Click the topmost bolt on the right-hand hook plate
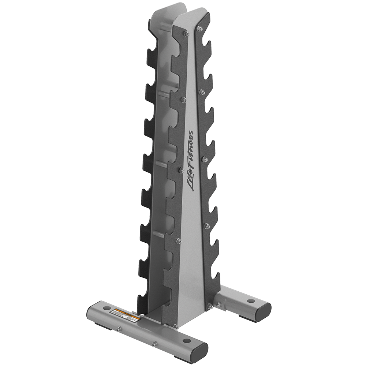click(199, 29)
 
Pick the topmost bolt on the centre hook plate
click(186, 34)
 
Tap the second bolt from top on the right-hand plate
click(201, 92)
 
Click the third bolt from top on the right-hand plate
click(205, 159)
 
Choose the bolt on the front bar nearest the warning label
click(119, 329)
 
